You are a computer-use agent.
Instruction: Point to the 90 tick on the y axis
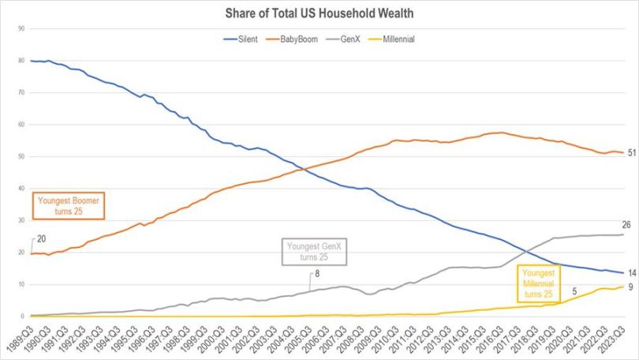[21, 28]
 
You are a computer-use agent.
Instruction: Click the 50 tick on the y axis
[21, 156]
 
